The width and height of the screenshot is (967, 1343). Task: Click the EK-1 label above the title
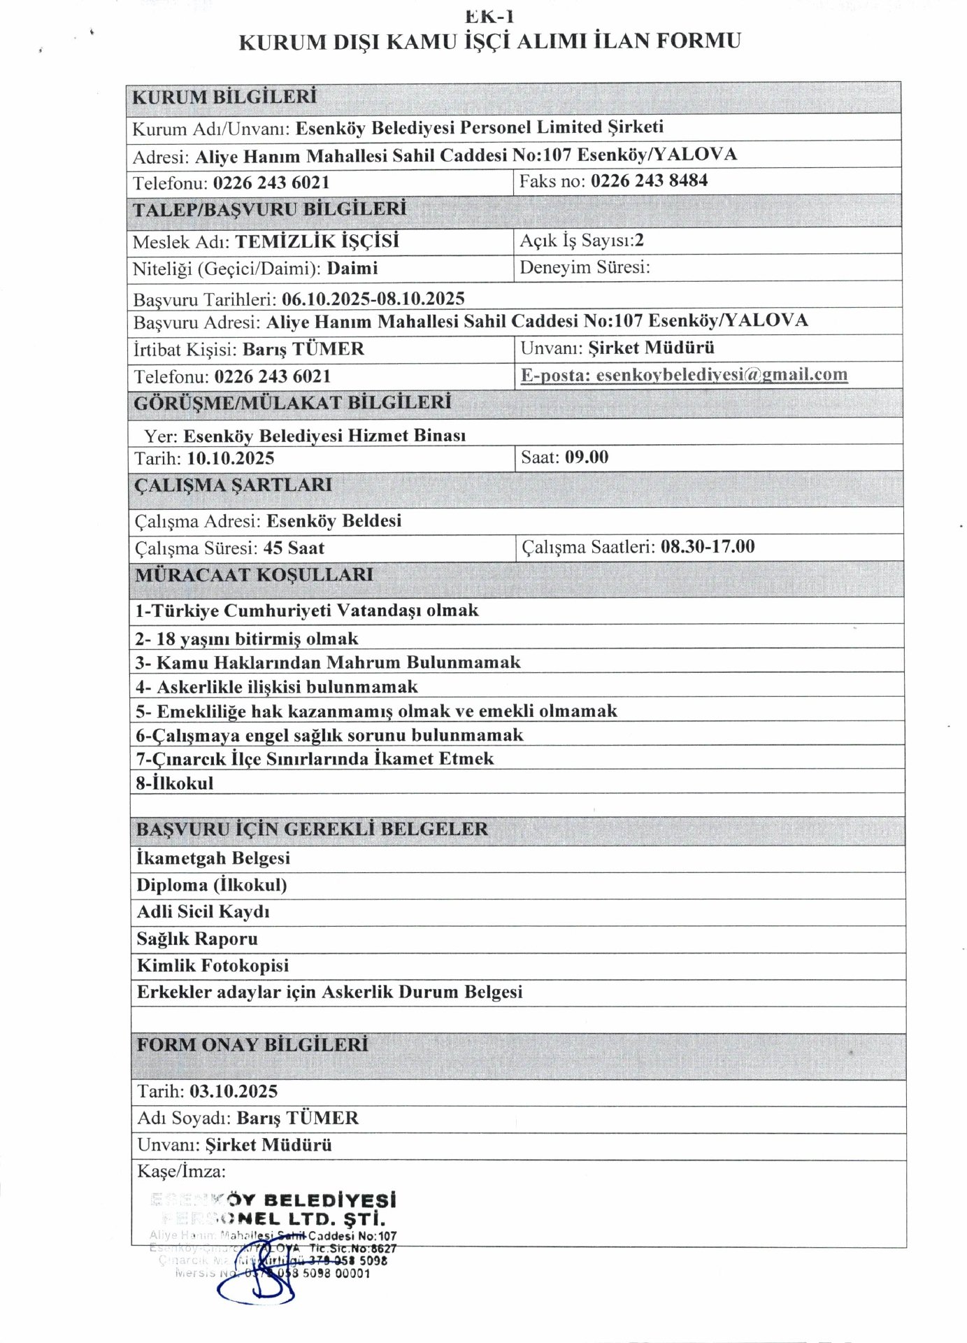tap(489, 15)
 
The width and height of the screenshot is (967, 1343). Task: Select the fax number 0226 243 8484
tap(649, 181)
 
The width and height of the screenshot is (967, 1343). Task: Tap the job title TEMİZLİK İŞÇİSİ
tap(317, 242)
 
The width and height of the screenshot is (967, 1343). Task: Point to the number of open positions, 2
tap(639, 241)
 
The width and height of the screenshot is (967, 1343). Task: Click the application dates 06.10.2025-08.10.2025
tap(373, 299)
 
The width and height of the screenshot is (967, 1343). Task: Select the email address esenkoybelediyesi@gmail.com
tap(722, 375)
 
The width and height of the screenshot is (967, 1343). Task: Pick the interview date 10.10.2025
tap(231, 459)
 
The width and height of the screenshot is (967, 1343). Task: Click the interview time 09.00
tap(587, 457)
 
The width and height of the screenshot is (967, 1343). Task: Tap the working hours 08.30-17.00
tap(708, 547)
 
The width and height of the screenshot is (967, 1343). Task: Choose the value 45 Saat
tap(294, 548)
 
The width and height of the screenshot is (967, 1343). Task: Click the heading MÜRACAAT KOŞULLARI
tap(254, 575)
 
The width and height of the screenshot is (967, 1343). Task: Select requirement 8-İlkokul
tap(175, 783)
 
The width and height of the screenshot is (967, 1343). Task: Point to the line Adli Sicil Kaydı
tap(203, 912)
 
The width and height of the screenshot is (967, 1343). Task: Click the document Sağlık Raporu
tap(197, 939)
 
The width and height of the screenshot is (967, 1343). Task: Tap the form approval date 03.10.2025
tap(234, 1091)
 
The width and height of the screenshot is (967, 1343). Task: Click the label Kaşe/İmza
tap(181, 1171)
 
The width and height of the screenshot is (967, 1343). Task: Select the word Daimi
tap(352, 269)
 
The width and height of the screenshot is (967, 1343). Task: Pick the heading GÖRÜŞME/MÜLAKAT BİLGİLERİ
tap(292, 403)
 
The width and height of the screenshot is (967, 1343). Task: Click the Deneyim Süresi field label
tap(585, 267)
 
